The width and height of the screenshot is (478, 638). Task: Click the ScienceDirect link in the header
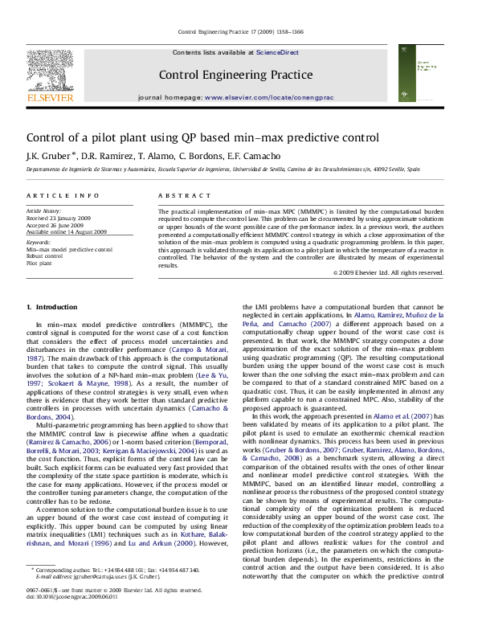click(x=277, y=52)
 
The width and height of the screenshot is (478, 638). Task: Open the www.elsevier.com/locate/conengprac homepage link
click(x=269, y=96)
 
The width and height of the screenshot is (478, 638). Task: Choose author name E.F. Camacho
click(x=240, y=155)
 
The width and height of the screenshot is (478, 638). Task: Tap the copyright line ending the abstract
click(x=389, y=273)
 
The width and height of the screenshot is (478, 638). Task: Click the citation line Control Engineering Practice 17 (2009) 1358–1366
click(x=239, y=32)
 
